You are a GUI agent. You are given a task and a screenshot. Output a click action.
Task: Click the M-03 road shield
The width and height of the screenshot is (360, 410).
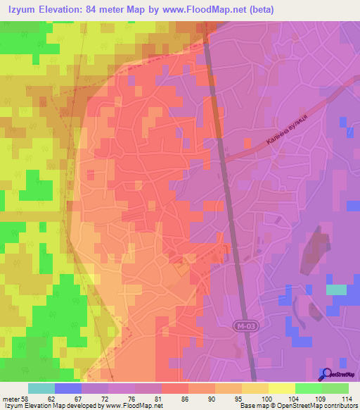tap(241, 327)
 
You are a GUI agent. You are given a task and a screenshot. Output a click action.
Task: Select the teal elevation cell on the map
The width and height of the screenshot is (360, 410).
tap(336, 289)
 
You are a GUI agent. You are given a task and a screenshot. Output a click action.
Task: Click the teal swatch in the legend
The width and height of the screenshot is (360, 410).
tap(41, 388)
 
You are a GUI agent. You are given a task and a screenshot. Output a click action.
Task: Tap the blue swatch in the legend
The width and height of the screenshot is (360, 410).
tap(67, 388)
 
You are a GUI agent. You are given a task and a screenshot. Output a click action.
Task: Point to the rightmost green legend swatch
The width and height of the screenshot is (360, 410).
tap(335, 388)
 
